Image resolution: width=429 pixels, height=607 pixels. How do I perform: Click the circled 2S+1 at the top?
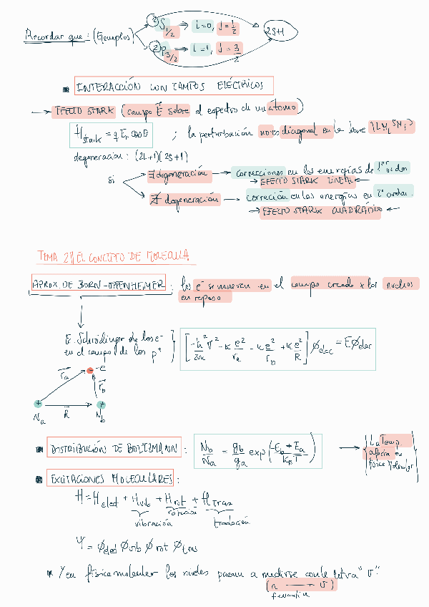tap(276, 31)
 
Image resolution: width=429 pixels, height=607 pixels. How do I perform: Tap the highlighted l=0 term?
tap(203, 26)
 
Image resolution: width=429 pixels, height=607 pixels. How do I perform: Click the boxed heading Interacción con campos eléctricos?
tap(174, 87)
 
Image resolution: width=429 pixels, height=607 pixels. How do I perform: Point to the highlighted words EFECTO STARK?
tap(81, 111)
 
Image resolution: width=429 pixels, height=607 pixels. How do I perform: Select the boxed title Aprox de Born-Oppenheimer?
tap(99, 283)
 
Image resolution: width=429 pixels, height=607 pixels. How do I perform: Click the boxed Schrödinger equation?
tap(279, 350)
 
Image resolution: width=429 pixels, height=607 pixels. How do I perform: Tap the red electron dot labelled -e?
tap(90, 371)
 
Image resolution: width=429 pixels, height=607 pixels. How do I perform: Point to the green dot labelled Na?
tap(38, 404)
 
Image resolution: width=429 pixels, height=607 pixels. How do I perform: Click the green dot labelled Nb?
tap(101, 405)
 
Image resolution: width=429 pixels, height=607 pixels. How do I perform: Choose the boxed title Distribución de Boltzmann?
tap(112, 449)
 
